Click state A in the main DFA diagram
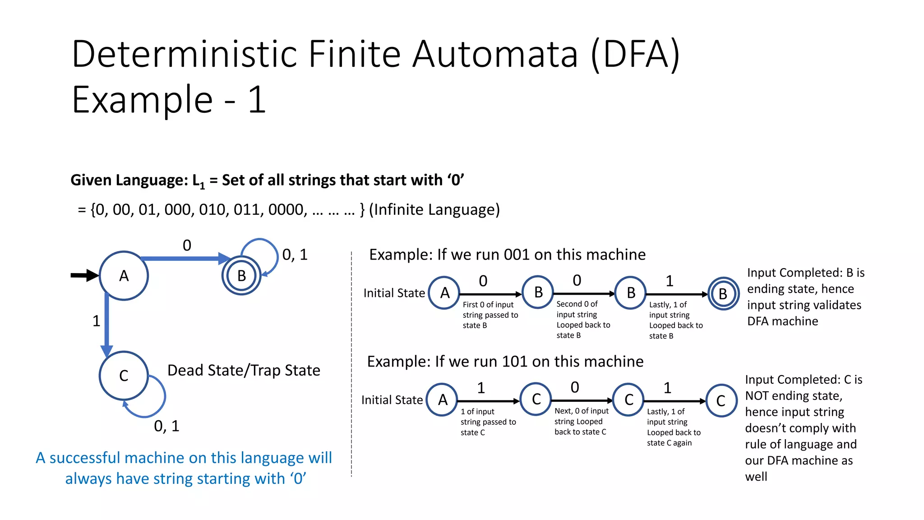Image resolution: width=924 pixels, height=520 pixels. (124, 276)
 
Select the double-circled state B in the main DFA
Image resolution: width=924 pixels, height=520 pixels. (241, 276)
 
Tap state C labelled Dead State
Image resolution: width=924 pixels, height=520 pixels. (124, 376)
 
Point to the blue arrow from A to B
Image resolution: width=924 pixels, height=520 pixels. (185, 259)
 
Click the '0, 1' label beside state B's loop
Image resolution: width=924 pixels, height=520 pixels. (295, 255)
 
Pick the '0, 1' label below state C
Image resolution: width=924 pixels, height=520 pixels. (166, 426)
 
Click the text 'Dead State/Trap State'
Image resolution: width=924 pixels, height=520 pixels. (244, 371)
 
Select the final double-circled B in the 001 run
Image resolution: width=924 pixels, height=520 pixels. (723, 294)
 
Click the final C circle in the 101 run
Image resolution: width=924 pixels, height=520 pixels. (721, 401)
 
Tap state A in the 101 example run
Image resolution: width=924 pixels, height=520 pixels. (443, 400)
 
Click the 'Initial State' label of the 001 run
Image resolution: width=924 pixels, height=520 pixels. (394, 293)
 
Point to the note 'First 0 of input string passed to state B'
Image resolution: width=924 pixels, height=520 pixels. (490, 315)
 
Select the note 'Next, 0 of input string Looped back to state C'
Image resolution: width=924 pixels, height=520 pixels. (581, 421)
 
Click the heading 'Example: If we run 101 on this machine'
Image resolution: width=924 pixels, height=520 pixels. (505, 362)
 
